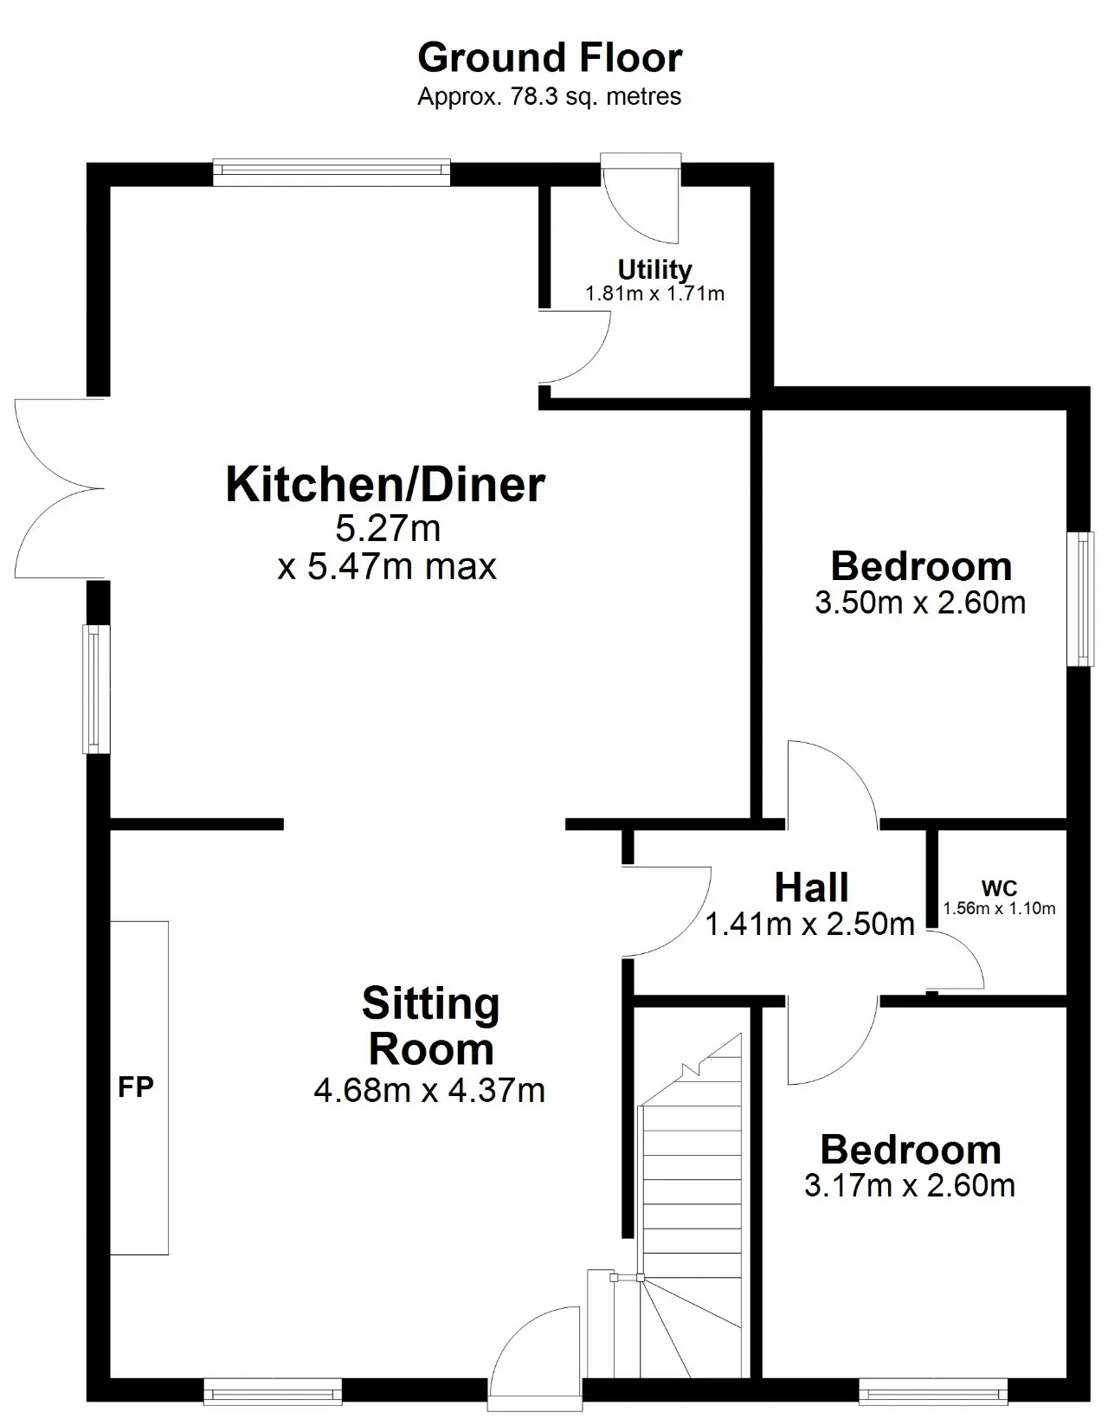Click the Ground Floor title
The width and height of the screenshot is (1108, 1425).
point(550,58)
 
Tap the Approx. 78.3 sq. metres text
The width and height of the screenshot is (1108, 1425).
point(550,97)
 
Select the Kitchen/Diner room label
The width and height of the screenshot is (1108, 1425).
point(385,485)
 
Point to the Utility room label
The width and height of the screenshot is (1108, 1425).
point(654,269)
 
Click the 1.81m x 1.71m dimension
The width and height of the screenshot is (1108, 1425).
point(654,293)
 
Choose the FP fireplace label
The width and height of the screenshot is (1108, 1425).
point(136,1087)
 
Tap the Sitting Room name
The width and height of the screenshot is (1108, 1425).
point(431,1026)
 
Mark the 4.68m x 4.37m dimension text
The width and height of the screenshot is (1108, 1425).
point(429,1091)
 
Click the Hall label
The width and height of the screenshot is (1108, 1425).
point(812,888)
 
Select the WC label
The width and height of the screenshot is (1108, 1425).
point(999,888)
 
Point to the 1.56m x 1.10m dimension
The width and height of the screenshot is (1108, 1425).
point(999,908)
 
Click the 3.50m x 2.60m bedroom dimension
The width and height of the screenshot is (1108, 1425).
point(920,603)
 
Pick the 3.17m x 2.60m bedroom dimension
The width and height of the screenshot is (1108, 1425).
point(910,1185)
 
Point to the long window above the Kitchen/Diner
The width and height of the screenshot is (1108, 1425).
point(332,172)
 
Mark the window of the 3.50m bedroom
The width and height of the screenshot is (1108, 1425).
point(1079,599)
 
